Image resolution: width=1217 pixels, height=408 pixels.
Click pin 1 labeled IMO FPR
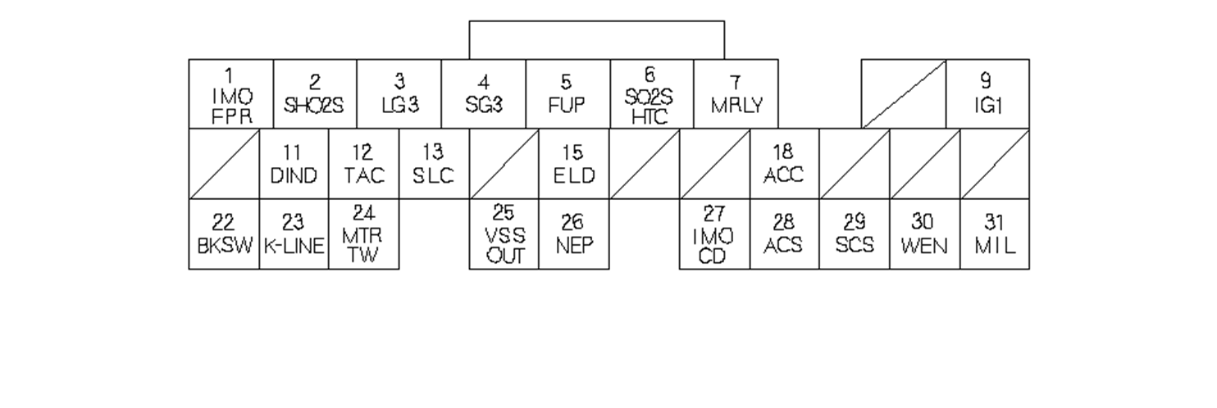(231, 94)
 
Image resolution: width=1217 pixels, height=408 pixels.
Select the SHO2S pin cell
(316, 94)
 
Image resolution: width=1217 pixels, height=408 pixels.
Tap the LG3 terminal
(400, 94)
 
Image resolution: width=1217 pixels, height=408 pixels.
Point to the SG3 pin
(484, 94)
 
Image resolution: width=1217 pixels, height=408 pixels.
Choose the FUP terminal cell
(567, 94)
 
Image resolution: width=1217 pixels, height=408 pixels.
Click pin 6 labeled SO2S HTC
(652, 94)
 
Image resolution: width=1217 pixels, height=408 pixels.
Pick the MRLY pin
(736, 94)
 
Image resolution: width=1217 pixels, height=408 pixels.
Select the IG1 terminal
(987, 94)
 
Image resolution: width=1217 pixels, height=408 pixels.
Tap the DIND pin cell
(294, 164)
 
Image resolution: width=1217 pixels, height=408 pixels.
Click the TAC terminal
(363, 164)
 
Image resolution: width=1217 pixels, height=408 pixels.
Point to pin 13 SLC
(434, 164)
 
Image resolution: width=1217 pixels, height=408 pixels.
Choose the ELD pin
(573, 164)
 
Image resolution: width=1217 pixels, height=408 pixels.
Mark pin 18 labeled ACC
(784, 164)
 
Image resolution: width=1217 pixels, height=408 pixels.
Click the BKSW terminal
(224, 233)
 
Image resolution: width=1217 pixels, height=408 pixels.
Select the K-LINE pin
(294, 233)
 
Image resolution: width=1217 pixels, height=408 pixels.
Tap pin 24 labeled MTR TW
(363, 233)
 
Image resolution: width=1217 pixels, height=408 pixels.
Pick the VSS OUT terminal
(504, 233)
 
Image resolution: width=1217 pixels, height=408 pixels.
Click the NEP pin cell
(573, 233)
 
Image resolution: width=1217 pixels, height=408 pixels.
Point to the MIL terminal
(994, 233)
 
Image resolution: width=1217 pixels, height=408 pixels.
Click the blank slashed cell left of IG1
(904, 94)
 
